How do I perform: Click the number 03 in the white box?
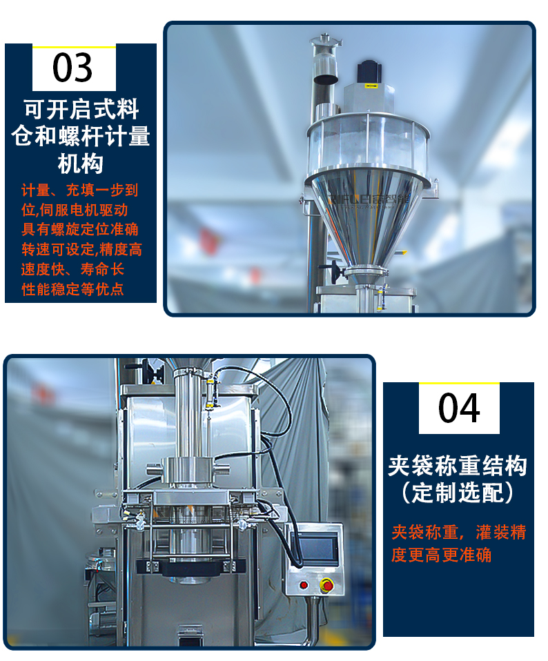(x=72, y=68)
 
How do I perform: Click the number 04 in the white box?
(x=459, y=408)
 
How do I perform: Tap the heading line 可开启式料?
(x=81, y=109)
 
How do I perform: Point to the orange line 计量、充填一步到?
(x=80, y=190)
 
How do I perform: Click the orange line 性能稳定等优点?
(x=72, y=289)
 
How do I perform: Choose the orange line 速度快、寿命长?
(x=72, y=269)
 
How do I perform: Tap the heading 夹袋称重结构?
(x=458, y=466)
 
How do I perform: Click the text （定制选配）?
(x=458, y=493)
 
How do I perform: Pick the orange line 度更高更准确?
(x=441, y=555)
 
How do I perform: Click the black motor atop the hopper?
(x=369, y=73)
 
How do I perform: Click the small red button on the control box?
(x=304, y=585)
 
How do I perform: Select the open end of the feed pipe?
(x=326, y=79)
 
